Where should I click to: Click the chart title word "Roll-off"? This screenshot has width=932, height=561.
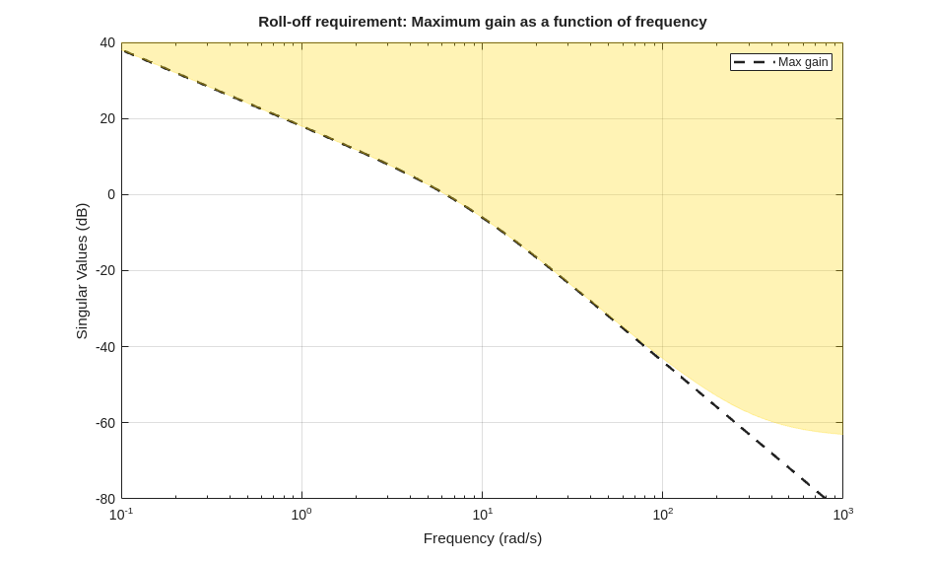point(286,22)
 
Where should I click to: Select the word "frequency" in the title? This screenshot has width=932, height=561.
point(671,22)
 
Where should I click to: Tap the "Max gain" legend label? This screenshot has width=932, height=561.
point(803,62)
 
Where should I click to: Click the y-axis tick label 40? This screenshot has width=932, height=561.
point(107,42)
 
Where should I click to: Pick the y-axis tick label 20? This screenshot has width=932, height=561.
point(107,118)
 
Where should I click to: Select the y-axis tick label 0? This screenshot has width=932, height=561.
point(111,194)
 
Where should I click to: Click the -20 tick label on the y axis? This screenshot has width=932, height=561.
point(105,270)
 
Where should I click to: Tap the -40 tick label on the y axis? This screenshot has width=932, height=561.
point(105,347)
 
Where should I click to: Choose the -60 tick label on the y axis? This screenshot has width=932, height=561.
point(105,423)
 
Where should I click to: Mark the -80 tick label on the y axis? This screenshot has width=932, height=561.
point(105,499)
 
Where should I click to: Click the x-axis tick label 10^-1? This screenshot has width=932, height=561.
point(121,514)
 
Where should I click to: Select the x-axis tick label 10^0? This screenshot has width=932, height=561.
point(301,514)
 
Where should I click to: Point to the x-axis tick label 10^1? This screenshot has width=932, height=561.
point(482,514)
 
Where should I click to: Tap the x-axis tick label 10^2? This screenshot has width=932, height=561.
point(662,514)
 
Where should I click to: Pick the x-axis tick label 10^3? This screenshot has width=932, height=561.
point(842,514)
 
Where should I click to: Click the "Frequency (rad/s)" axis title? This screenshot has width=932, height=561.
point(483,538)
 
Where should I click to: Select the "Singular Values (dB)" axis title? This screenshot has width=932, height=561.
point(82,271)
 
